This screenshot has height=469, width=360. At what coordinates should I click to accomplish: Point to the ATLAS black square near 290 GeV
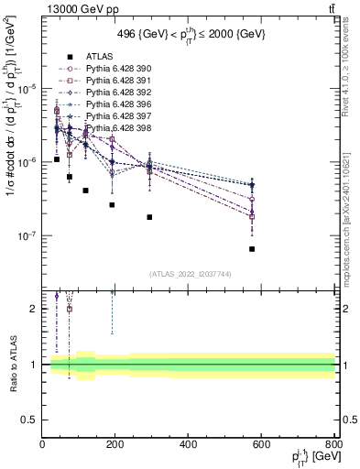(148, 217)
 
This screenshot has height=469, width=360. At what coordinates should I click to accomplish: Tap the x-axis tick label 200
(115, 444)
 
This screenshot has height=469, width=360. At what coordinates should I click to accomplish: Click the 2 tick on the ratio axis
(34, 309)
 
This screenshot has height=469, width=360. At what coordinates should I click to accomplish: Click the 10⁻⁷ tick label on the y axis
(26, 235)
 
